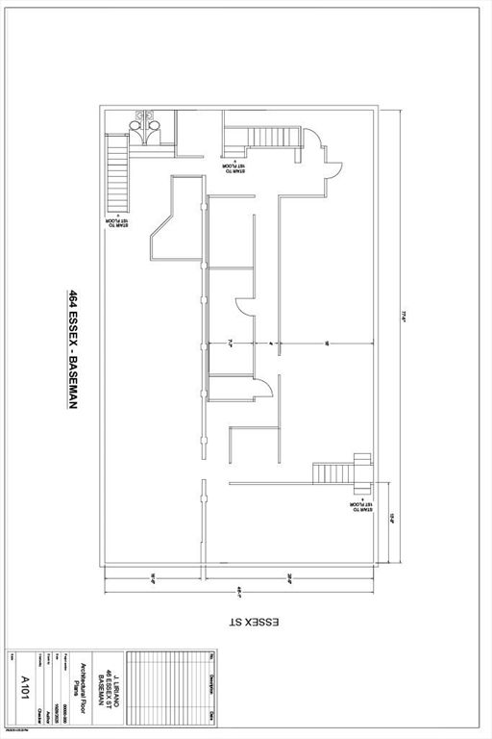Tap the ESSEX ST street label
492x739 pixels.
click(x=253, y=624)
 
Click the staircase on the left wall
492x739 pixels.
click(x=117, y=172)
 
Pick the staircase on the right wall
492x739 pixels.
click(x=336, y=473)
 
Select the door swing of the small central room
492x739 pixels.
click(x=260, y=390)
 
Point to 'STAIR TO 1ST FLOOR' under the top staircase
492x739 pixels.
click(x=234, y=166)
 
